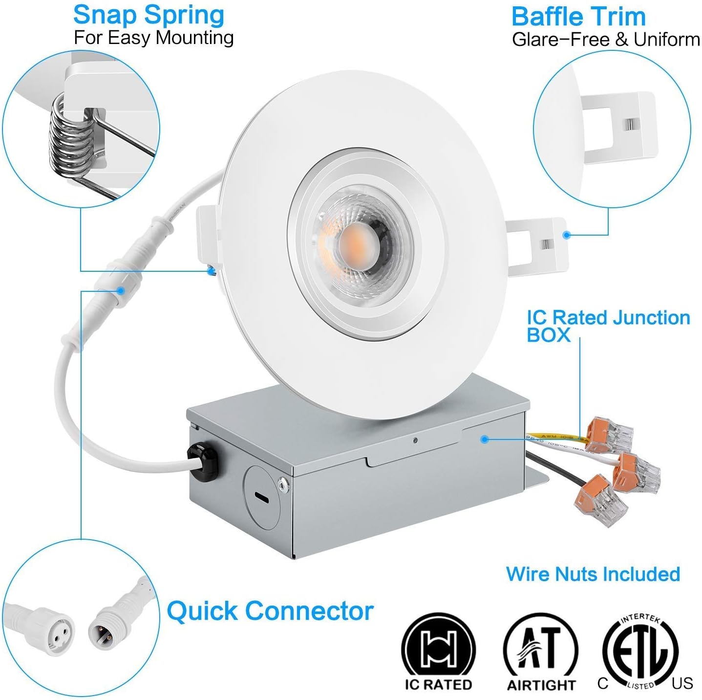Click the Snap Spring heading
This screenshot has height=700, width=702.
click(149, 15)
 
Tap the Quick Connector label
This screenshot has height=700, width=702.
click(270, 611)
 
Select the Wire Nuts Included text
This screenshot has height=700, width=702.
click(593, 574)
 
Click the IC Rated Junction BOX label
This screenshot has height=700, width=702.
click(607, 326)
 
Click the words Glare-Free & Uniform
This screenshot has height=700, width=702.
click(605, 40)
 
